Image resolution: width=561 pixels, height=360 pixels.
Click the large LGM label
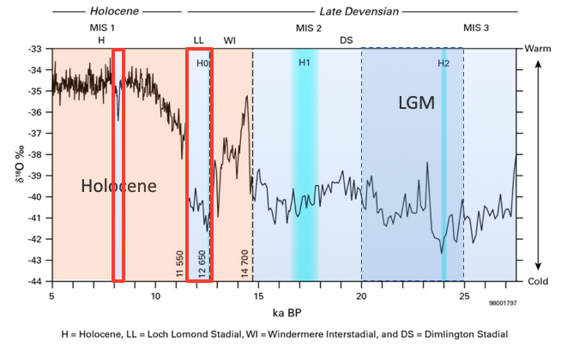(416, 104)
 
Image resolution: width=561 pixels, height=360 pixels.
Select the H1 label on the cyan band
(305, 63)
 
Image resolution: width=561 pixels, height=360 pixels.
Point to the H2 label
(443, 63)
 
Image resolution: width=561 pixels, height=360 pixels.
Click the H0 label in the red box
(202, 63)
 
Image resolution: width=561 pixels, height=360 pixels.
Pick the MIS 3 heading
(477, 27)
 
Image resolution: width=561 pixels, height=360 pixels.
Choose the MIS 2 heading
(309, 27)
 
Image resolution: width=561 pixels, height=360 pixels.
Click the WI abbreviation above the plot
(230, 40)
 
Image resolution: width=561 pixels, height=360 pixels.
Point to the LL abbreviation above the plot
(199, 40)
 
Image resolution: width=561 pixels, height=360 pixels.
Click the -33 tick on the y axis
(35, 49)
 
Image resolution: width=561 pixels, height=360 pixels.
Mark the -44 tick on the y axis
(35, 281)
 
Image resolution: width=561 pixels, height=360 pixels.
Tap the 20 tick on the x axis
(361, 297)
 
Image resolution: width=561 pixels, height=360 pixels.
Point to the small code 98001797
(504, 303)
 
